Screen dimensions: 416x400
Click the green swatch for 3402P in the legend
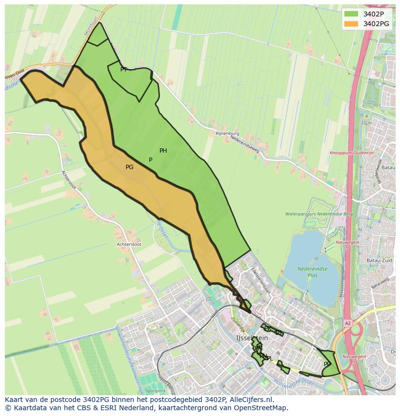coord(351,14)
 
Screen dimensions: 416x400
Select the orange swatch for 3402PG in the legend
coord(351,24)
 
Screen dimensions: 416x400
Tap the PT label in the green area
coord(124,70)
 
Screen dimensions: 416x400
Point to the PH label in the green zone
coord(163,151)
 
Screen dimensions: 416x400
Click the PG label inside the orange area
coord(129,167)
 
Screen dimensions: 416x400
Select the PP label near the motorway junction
coord(327,364)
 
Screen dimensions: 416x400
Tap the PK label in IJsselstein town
coord(267,329)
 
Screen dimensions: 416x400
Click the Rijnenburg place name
coord(227,133)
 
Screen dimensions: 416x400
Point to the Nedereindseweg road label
coord(245,144)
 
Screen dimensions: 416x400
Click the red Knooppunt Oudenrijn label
coord(352,153)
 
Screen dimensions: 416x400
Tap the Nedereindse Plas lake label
coord(312,272)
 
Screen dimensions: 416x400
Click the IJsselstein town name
coord(252,338)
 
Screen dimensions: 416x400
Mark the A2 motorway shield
coord(348,323)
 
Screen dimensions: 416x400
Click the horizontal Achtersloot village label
coord(129,244)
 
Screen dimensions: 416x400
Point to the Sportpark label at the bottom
coord(155,390)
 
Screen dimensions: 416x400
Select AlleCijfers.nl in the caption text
coord(252,400)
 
